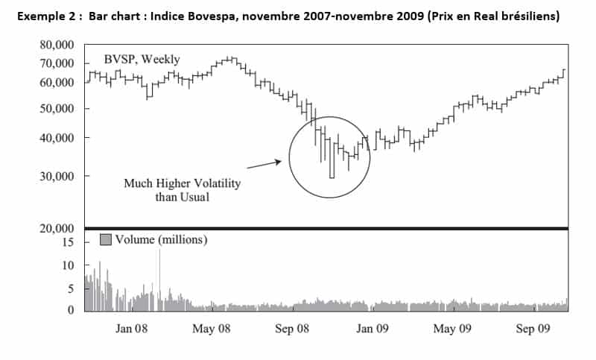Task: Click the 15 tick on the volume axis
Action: [69, 242]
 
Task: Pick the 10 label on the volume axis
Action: [69, 265]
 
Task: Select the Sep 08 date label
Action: [294, 327]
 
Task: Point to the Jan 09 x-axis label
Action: [373, 327]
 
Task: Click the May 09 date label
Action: [453, 327]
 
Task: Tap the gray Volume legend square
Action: [105, 240]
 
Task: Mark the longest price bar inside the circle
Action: [332, 157]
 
